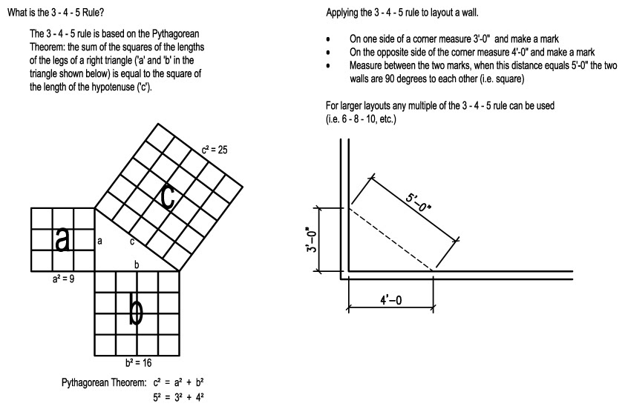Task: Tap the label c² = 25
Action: click(214, 150)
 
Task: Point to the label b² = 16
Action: click(138, 363)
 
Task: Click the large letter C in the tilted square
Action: click(168, 197)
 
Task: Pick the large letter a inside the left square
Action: click(63, 239)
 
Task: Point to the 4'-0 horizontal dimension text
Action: click(390, 302)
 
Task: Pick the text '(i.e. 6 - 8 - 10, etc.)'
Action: click(361, 119)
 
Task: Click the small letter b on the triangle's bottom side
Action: click(136, 265)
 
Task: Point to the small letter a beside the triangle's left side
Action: click(100, 242)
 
